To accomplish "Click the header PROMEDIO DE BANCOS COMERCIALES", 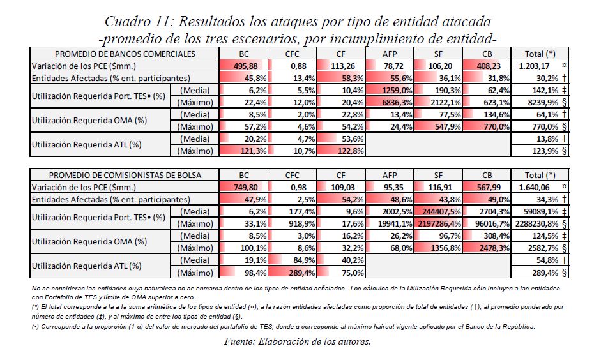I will pos(125,54).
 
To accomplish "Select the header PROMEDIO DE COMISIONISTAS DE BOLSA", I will pos(125,174).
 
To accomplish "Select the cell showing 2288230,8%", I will pos(535,223).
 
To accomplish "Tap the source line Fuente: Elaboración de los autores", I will pos(298,341).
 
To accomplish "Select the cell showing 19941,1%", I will pos(392,223).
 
